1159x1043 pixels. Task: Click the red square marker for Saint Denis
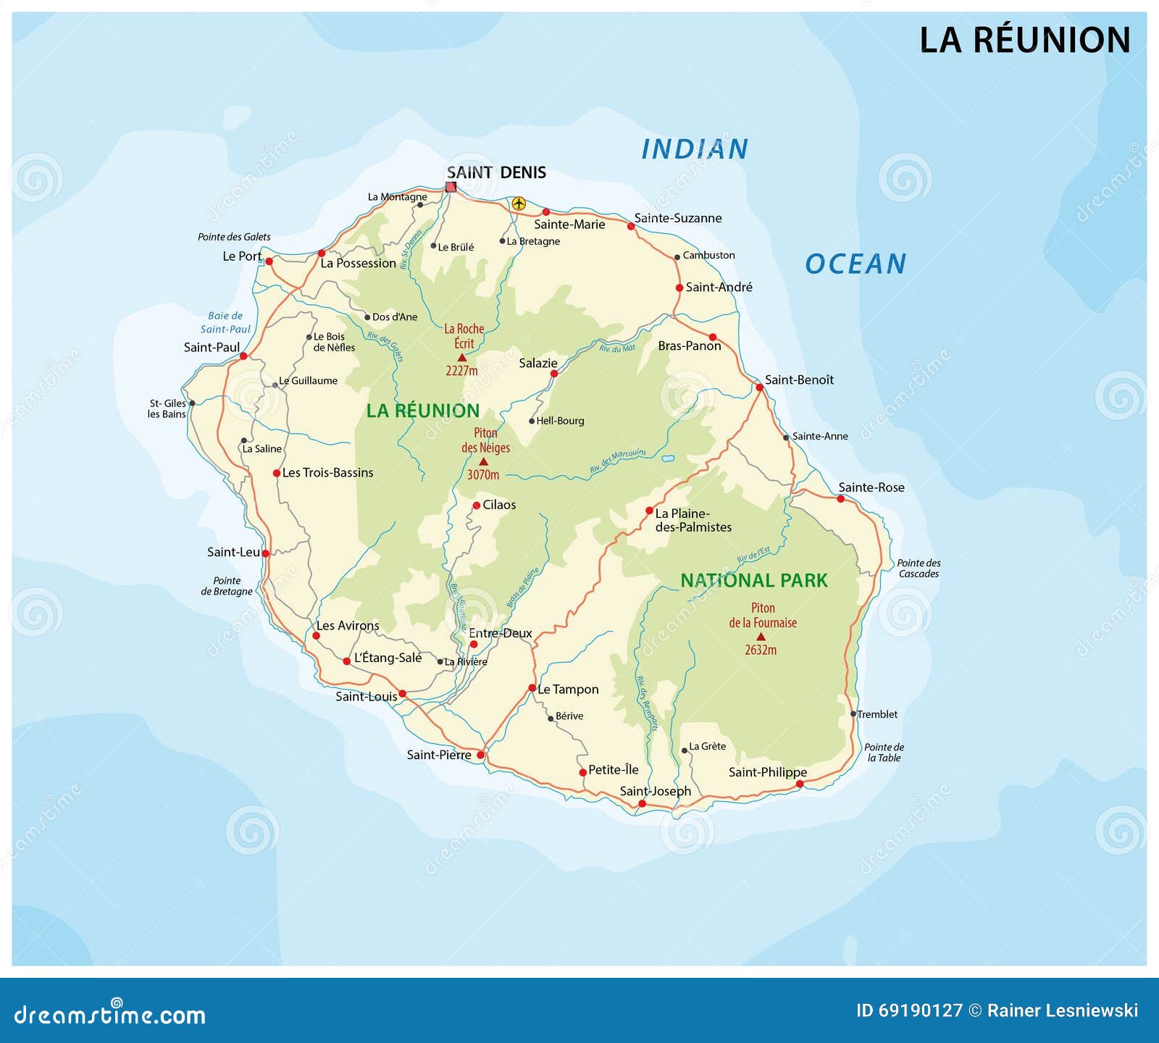pos(451,187)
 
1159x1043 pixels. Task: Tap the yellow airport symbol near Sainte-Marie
pos(518,204)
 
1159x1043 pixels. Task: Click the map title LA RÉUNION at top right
pos(1024,40)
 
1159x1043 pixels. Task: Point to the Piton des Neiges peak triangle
pos(484,461)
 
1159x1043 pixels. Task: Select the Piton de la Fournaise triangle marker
pos(761,637)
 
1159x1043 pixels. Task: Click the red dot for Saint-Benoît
pos(760,388)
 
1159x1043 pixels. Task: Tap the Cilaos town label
pos(499,505)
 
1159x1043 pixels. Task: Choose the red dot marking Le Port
pos(269,261)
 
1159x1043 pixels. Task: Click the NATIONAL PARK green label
pos(753,580)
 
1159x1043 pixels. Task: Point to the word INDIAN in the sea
pos(694,149)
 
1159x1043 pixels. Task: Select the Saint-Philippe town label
pos(767,772)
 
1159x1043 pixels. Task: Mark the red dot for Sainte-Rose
pos(841,499)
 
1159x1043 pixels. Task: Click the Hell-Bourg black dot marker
pos(532,421)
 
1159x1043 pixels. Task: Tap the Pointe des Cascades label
pos(919,568)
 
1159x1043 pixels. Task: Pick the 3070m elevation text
pos(483,475)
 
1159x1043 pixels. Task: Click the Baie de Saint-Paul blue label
pos(225,322)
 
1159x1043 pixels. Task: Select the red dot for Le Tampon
pos(532,688)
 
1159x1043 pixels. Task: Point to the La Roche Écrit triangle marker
pos(462,357)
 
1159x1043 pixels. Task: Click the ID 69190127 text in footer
pos(909,1010)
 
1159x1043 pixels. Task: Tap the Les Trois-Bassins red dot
pos(276,473)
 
